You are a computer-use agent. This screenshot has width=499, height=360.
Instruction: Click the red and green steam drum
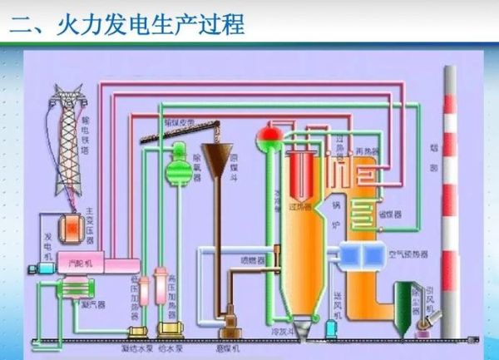(x=269, y=133)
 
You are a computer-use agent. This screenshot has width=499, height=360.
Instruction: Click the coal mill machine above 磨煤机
(x=227, y=320)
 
